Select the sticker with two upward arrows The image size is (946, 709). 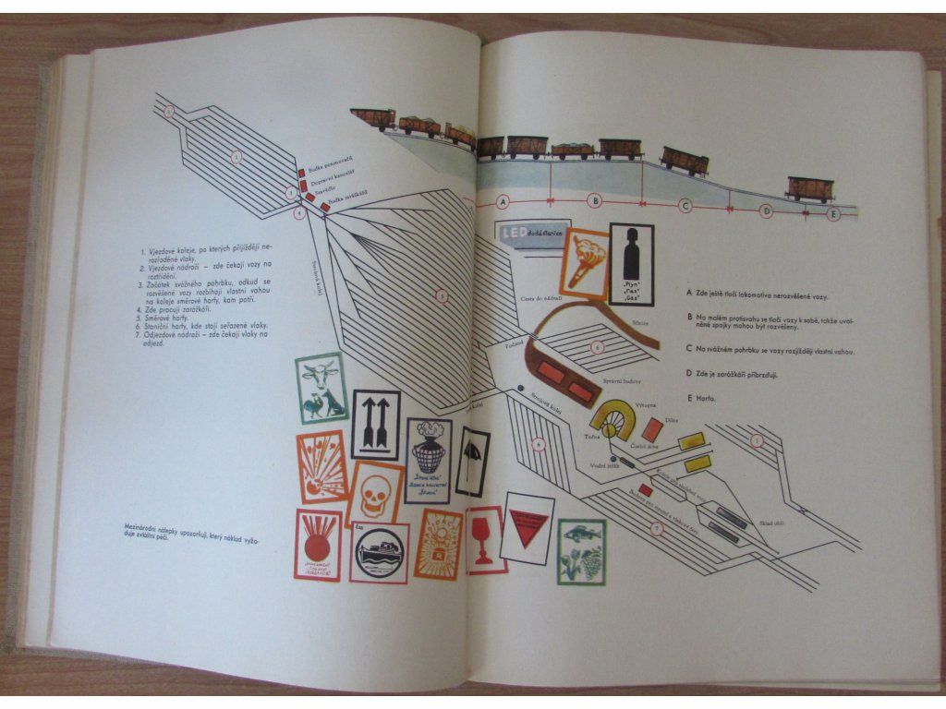pos(374,425)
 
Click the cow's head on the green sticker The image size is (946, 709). pos(319,377)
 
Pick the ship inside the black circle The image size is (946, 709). pos(379,553)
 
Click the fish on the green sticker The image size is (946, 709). pos(582,534)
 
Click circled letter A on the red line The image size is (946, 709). pos(503,201)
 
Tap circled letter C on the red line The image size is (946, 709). pos(685,206)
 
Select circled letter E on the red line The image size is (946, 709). pos(835,214)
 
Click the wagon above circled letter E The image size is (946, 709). pos(809,188)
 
